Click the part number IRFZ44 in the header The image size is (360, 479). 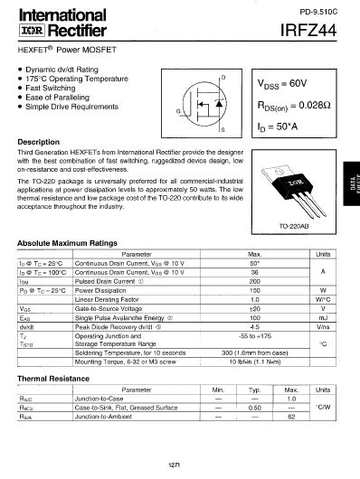311,32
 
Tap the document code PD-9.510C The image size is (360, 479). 318,11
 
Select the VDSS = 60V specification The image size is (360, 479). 277,83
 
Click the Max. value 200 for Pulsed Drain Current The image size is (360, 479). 254,281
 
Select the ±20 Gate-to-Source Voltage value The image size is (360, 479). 254,308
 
